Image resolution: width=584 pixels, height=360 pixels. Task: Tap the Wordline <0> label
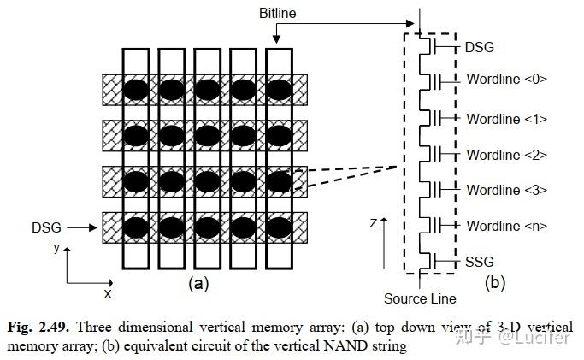tap(507, 80)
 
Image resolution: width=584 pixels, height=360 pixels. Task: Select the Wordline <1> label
tap(507, 119)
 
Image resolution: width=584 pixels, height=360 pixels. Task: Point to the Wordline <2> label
tap(507, 155)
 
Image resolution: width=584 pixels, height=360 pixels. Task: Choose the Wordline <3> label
tap(507, 190)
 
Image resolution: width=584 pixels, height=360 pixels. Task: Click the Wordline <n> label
tap(507, 226)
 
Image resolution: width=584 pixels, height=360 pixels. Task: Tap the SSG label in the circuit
tap(481, 261)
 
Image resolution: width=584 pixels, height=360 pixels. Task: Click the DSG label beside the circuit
tap(481, 48)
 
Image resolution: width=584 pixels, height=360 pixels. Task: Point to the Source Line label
tap(420, 298)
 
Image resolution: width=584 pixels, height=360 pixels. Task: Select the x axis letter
tap(109, 293)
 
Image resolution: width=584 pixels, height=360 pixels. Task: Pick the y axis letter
tap(56, 247)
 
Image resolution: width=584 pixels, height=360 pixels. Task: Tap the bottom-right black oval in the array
tap(279, 228)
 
